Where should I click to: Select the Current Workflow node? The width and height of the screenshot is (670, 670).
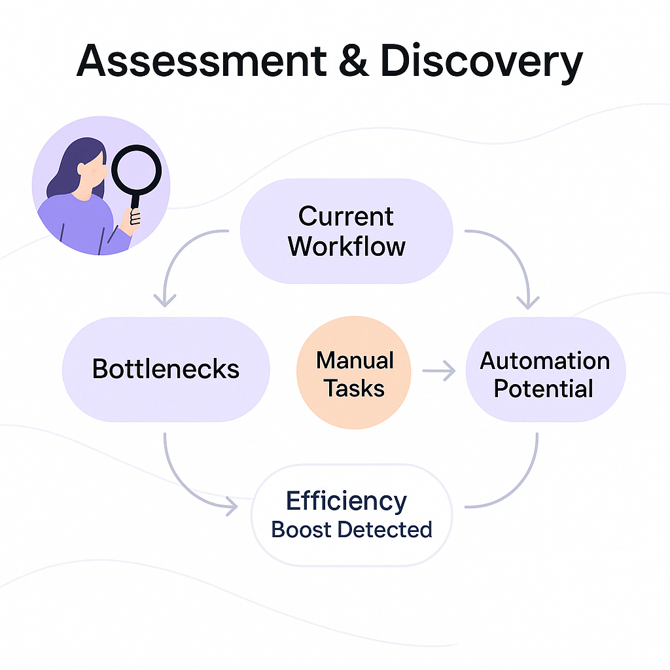click(x=346, y=231)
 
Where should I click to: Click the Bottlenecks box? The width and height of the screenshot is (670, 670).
click(x=166, y=369)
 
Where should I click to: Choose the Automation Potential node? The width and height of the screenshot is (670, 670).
click(x=545, y=374)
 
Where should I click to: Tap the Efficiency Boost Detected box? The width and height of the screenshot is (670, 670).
click(x=351, y=515)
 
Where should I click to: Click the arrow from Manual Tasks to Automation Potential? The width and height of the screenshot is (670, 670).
click(x=438, y=372)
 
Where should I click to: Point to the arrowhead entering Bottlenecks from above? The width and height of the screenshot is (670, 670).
click(x=164, y=300)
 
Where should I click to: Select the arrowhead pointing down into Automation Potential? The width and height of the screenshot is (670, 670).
click(x=527, y=302)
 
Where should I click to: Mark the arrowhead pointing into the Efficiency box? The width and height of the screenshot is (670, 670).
click(x=230, y=504)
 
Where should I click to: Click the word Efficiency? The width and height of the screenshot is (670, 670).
click(x=346, y=501)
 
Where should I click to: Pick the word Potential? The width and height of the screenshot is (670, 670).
click(x=543, y=389)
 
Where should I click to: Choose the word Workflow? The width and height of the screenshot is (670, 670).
click(x=346, y=246)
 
